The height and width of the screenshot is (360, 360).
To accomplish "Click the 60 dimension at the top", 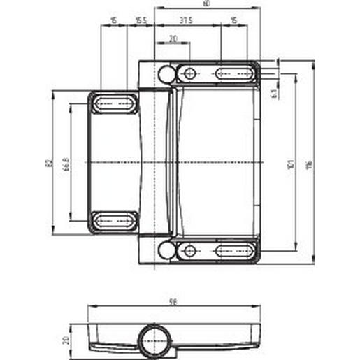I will pos(206,3).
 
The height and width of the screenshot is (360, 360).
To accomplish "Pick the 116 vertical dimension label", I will pos(308,165).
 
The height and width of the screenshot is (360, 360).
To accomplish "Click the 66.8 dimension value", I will pos(66,164).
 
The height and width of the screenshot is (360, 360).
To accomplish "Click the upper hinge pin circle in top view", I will pos(164,73).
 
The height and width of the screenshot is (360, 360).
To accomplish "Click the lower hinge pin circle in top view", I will pos(164,250).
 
